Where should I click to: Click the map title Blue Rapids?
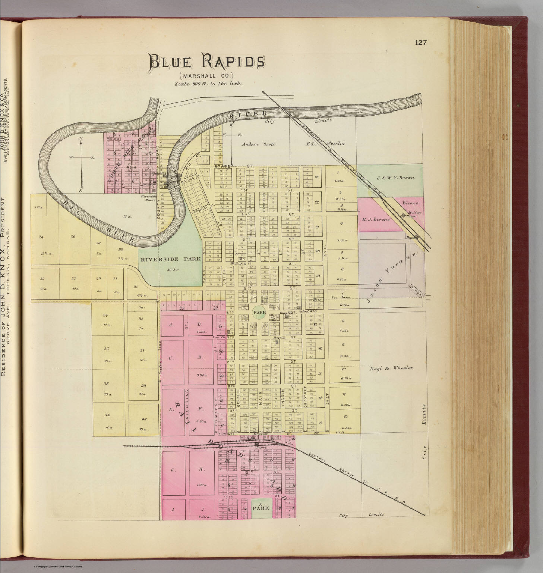207,62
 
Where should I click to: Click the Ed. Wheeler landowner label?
326,144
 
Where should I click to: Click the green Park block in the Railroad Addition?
261,508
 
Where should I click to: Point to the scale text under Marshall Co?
209,84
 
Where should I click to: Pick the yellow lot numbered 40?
107,415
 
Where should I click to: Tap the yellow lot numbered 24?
41,237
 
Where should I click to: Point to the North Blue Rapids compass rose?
81,158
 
